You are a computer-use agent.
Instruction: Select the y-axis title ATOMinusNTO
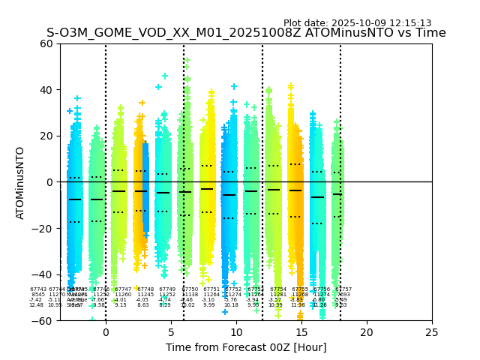point(21,182)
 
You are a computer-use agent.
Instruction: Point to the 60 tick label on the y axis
point(46,43)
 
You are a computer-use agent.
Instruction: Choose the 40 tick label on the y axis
point(46,90)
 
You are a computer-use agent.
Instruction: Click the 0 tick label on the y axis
point(49,182)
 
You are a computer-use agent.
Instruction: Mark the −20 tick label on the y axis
point(43,229)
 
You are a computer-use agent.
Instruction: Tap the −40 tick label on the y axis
point(43,274)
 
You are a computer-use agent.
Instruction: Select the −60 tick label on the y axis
point(43,321)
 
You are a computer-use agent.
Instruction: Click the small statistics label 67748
point(145,289)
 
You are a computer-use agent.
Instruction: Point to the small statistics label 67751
point(211,289)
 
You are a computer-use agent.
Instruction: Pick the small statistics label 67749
point(167,289)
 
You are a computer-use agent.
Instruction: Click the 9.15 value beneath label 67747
point(121,305)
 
